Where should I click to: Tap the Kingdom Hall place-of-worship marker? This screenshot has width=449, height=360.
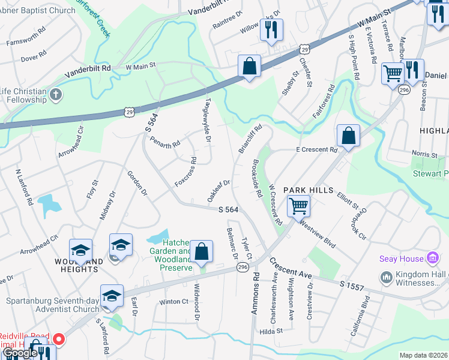(x=387, y=278)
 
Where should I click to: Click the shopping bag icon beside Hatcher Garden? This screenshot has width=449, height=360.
(x=202, y=252)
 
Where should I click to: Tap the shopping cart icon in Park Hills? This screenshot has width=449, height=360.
(x=298, y=206)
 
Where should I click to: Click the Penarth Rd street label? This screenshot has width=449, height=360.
(x=165, y=144)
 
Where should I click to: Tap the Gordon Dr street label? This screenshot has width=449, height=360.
(x=136, y=184)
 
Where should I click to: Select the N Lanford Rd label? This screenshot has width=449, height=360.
(x=24, y=187)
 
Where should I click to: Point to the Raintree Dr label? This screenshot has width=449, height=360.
(x=228, y=21)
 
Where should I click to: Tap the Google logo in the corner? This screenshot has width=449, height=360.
(x=19, y=353)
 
